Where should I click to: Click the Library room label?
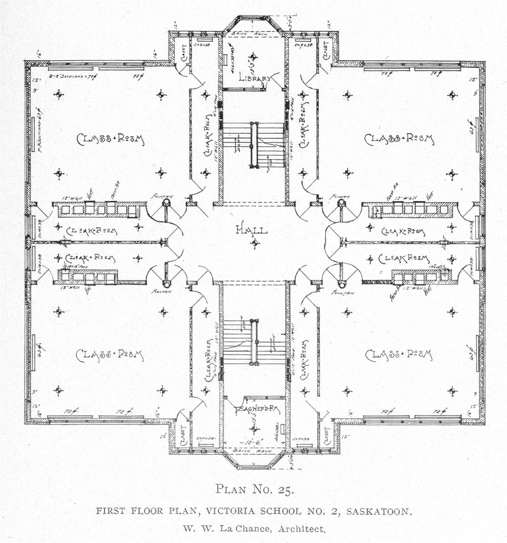click(253, 77)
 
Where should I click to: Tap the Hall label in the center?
click(252, 230)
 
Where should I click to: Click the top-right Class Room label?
click(400, 139)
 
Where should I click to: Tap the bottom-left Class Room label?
click(110, 355)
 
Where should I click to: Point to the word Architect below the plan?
click(301, 529)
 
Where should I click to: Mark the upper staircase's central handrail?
click(254, 145)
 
